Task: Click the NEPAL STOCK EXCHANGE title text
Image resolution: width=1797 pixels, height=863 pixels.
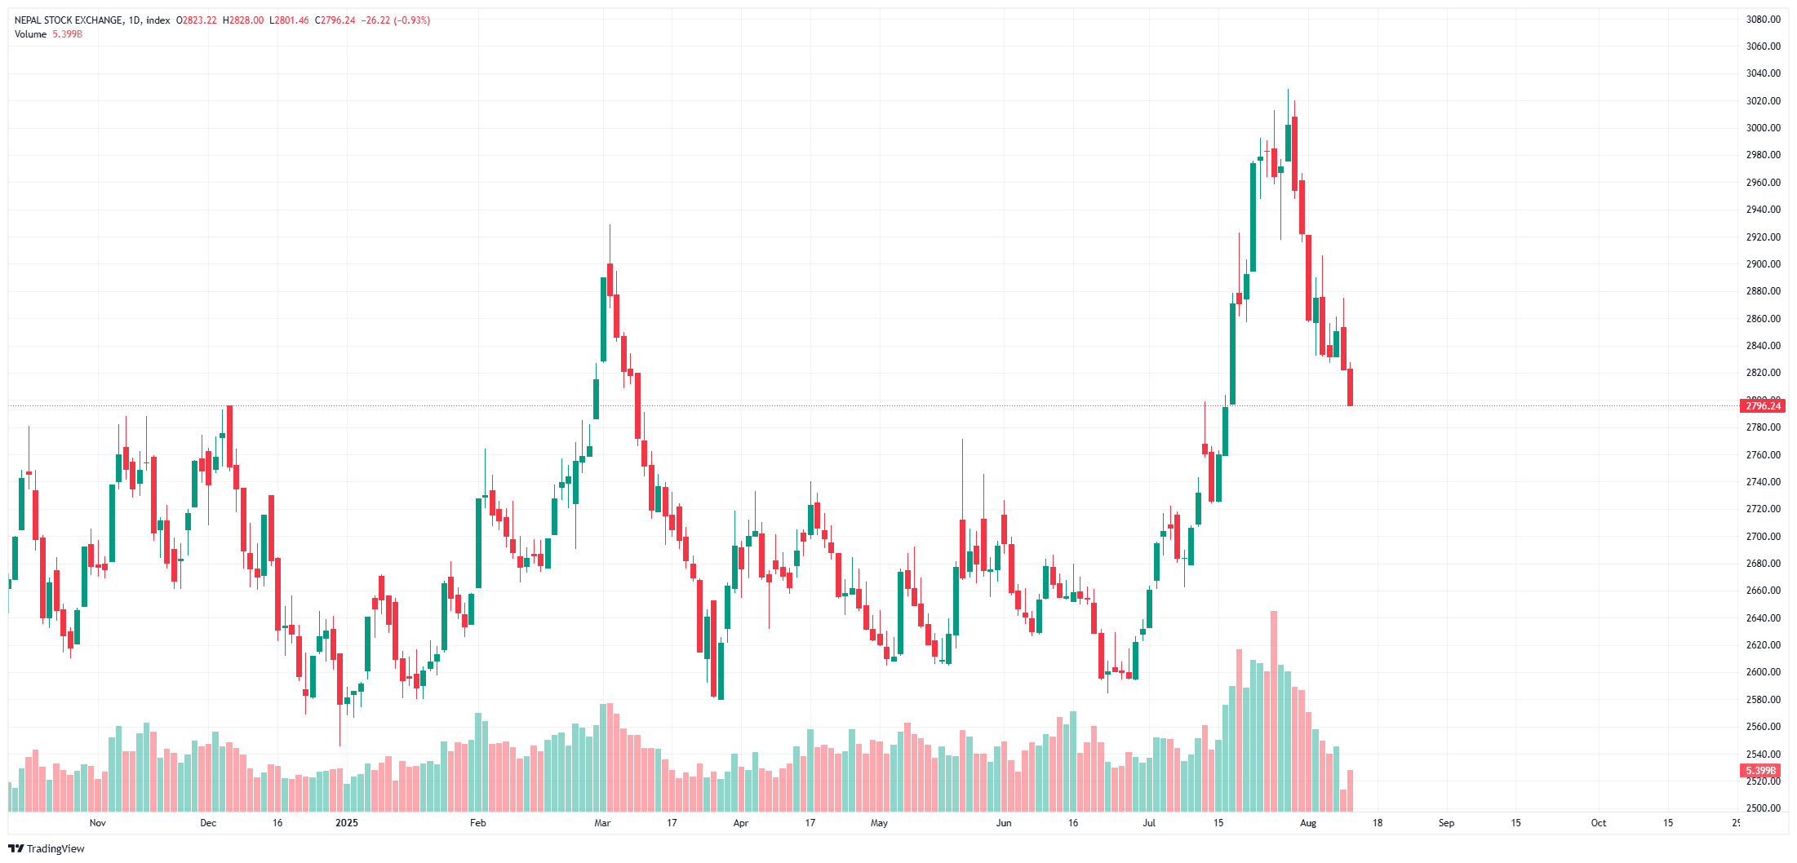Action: [69, 20]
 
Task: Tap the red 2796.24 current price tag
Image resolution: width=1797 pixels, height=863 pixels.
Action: [1763, 406]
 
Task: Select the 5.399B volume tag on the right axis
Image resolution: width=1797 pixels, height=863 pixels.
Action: [1760, 771]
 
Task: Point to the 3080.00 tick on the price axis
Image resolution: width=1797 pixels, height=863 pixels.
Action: [1763, 20]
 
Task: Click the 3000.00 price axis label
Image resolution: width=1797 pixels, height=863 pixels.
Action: [1763, 128]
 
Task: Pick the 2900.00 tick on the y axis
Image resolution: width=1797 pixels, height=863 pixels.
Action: [1763, 264]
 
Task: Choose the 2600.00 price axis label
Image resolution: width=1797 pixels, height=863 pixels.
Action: [1763, 672]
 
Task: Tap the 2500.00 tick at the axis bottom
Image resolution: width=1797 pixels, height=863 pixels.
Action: [1763, 808]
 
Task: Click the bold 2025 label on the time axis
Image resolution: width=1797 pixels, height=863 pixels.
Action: [347, 823]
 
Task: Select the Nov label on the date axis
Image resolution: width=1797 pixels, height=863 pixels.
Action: [98, 823]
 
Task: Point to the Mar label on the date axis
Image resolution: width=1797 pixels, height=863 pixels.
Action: [602, 823]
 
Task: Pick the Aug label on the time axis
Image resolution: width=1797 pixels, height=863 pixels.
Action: [1308, 823]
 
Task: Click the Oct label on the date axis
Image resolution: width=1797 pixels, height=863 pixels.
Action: [1599, 823]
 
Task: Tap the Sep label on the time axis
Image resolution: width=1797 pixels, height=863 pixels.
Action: [1446, 823]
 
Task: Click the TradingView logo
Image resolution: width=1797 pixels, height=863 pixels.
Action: [47, 848]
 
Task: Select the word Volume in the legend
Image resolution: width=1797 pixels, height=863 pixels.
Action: [31, 34]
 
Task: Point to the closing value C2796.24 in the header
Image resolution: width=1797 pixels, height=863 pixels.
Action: [335, 20]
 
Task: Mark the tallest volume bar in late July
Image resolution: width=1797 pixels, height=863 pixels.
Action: [1274, 710]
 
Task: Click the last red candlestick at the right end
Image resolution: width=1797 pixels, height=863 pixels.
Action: [1351, 387]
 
